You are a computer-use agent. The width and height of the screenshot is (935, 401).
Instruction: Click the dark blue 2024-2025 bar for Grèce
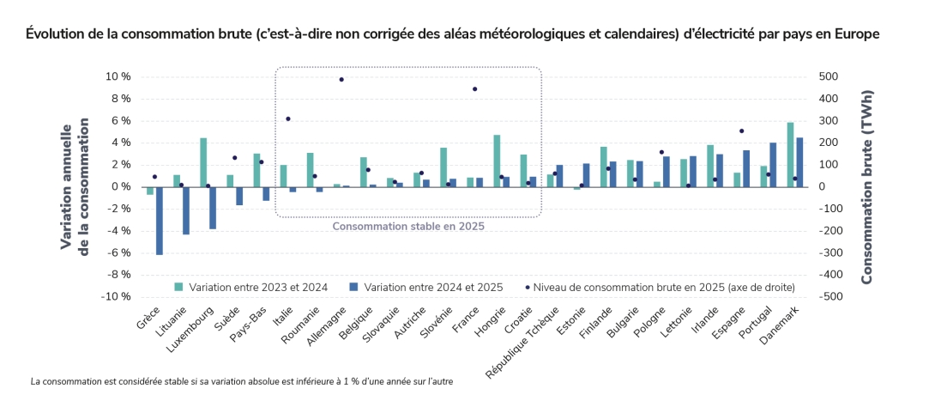click(159, 221)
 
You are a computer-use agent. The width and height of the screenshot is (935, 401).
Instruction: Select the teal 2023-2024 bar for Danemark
click(790, 155)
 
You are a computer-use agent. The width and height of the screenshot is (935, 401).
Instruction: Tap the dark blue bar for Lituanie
click(185, 210)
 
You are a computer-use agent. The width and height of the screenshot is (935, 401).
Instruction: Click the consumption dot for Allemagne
click(341, 80)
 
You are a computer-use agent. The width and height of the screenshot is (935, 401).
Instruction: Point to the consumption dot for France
click(474, 89)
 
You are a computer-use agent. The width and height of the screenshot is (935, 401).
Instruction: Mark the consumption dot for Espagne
click(741, 131)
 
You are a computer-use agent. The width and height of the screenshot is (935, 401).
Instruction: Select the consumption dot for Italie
click(288, 119)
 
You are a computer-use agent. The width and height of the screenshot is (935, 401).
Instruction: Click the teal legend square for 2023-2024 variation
click(179, 287)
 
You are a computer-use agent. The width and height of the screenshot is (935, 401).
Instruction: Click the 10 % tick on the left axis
click(118, 76)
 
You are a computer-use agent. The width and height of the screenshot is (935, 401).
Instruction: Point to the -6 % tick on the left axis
click(118, 252)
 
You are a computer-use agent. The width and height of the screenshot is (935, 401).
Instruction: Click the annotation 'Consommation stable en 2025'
click(408, 227)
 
